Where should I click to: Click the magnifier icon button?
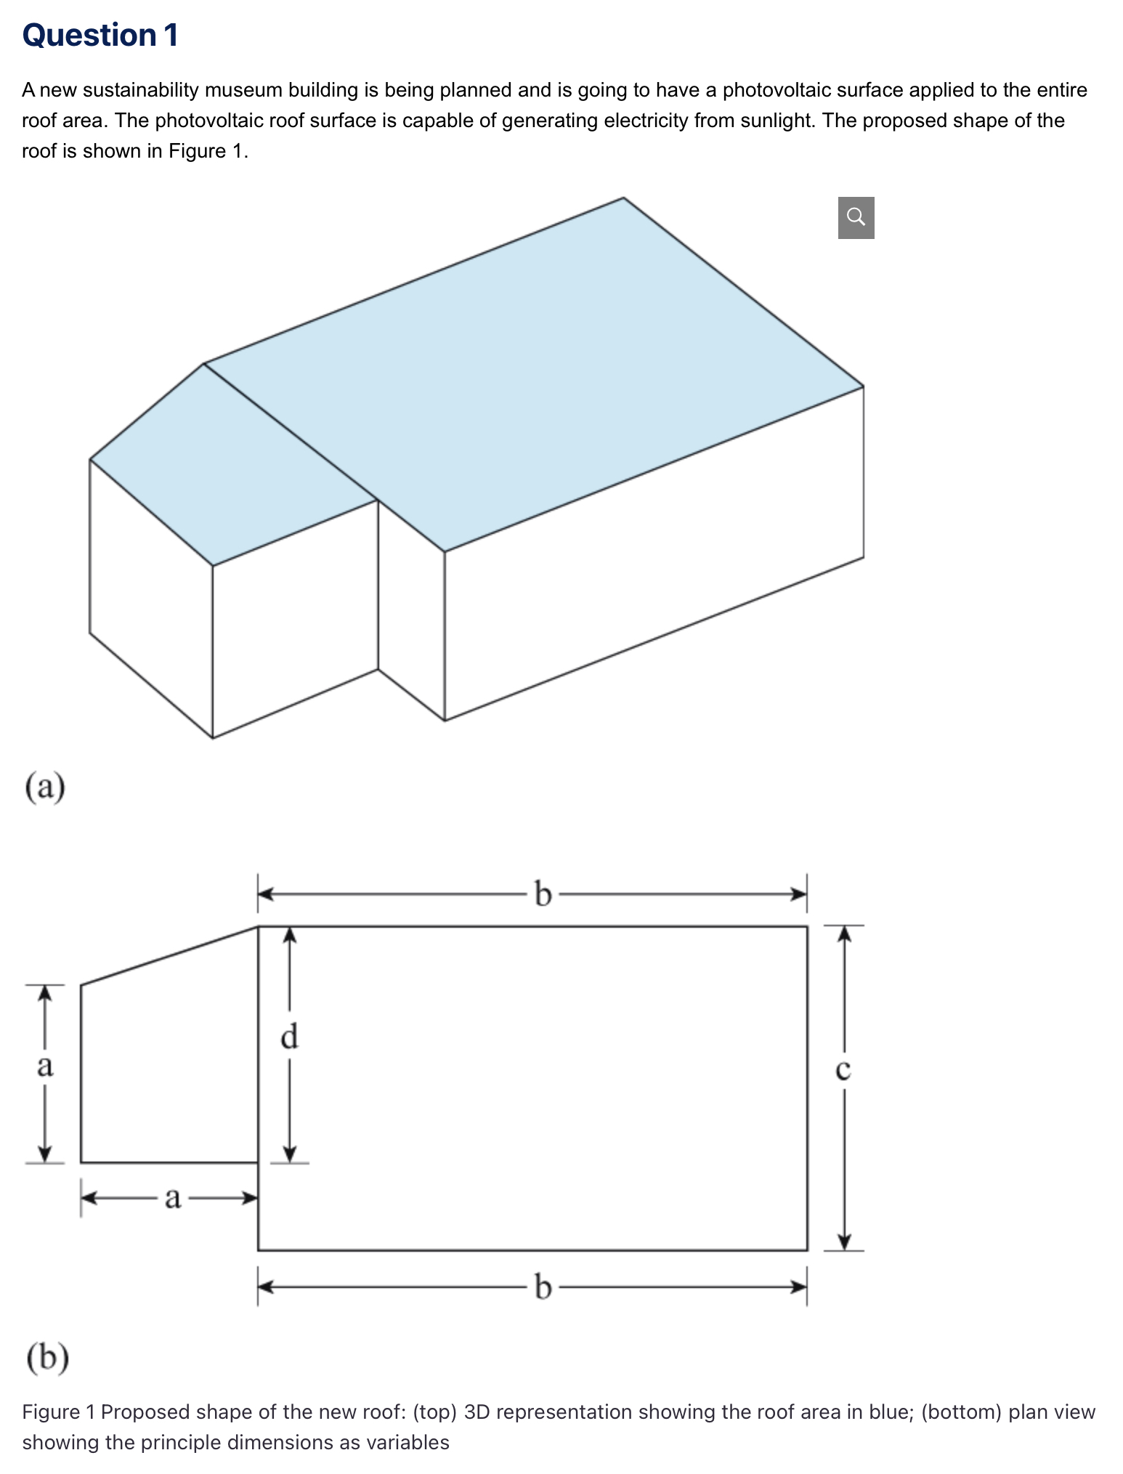pos(856,217)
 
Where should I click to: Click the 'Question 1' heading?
pos(100,35)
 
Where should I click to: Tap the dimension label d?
pos(289,1036)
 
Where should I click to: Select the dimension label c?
pos(843,1069)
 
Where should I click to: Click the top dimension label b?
pos(542,894)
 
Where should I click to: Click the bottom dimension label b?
pos(542,1287)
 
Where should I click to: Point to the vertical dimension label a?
pos(45,1066)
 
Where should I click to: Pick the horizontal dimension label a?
pos(172,1197)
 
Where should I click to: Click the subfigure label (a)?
pos(45,787)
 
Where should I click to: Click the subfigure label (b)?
pos(47,1357)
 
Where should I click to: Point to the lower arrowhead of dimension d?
pos(290,1153)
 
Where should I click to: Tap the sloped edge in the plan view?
pos(169,956)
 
